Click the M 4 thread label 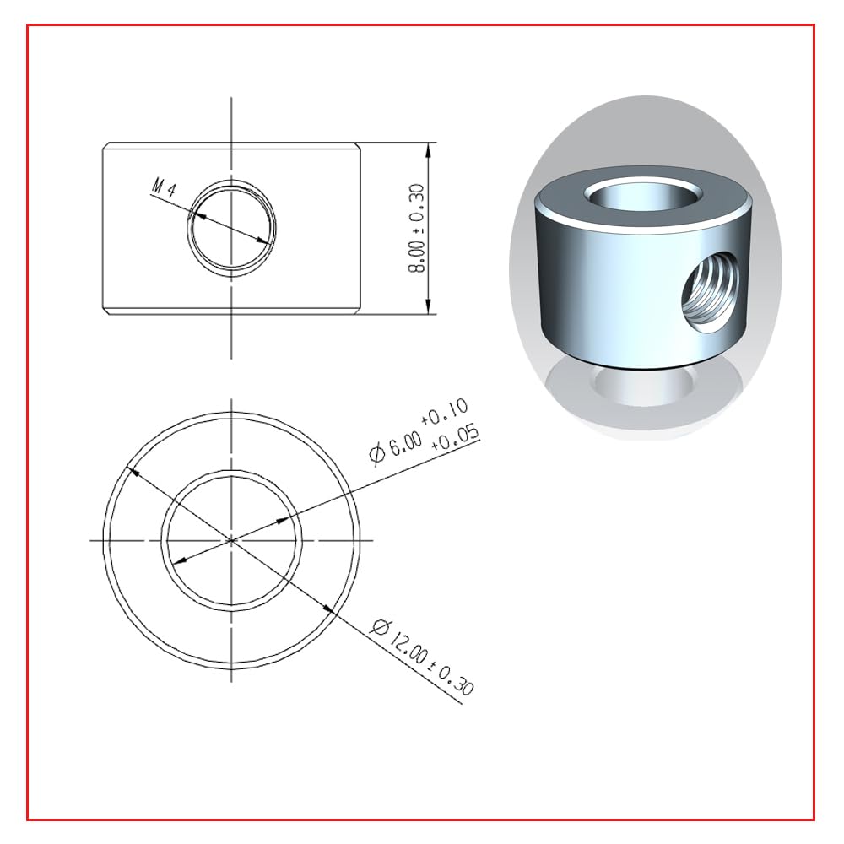163,188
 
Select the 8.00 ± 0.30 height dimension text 416,229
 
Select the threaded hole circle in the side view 232,227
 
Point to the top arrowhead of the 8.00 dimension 430,149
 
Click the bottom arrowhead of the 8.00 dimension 430,307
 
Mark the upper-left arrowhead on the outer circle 133,472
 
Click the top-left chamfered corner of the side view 105,146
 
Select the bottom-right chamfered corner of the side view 358,312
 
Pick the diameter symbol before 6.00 377,456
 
